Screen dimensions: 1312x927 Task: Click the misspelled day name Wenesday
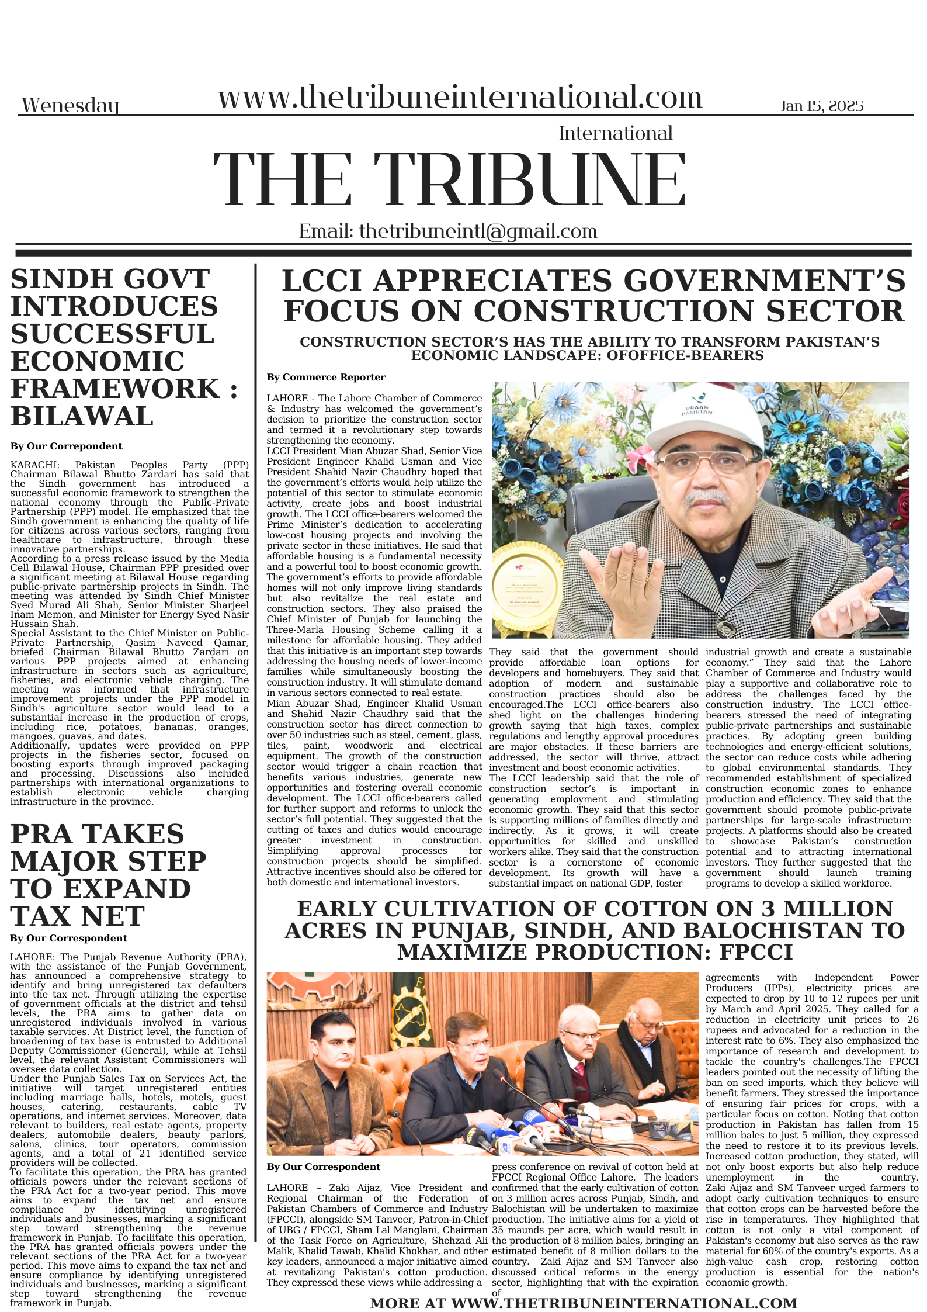coord(70,106)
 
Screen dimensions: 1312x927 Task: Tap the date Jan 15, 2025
coord(821,106)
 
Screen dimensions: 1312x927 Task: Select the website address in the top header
coord(460,97)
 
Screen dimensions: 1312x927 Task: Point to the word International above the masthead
coord(615,133)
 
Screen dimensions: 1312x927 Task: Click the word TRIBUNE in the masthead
coord(529,180)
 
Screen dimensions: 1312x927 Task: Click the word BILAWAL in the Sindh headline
coord(82,416)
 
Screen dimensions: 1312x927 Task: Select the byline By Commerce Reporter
coord(326,378)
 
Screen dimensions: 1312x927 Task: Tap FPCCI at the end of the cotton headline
coord(756,953)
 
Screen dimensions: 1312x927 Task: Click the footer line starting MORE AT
coord(583,1303)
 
